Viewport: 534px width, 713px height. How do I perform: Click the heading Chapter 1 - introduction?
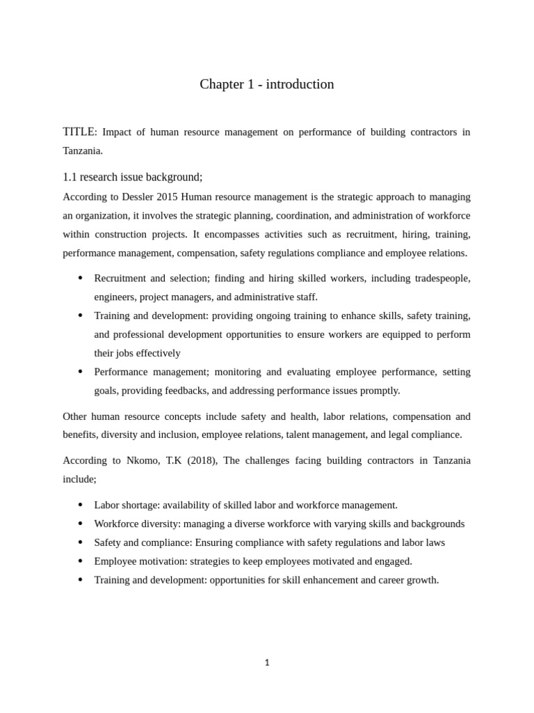tap(267, 84)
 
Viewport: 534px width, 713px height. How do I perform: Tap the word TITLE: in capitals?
tap(80, 132)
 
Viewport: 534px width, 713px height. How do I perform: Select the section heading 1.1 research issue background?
tap(132, 177)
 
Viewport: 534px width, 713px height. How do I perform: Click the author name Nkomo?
tap(133, 460)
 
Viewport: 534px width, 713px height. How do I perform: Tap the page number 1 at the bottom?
tap(267, 662)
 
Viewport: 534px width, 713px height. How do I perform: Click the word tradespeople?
tap(442, 279)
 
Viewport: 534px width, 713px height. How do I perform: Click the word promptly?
tap(381, 391)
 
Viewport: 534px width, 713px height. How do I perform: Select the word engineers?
tap(114, 297)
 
